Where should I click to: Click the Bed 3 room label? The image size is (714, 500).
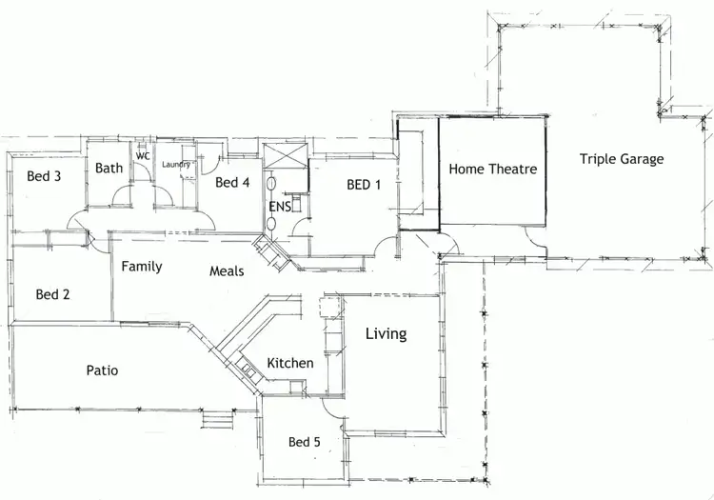tap(44, 176)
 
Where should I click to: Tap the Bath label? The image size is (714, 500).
tap(109, 169)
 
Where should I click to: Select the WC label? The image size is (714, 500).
tap(143, 155)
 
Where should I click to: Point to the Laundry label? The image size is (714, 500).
tap(176, 165)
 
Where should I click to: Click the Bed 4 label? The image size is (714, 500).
tap(232, 183)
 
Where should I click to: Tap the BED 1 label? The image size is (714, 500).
tap(364, 185)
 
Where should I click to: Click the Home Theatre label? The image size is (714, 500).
tap(492, 170)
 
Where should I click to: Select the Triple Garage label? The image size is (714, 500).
tap(622, 159)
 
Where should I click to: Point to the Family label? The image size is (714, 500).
tap(141, 267)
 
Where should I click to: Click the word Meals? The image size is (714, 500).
tap(227, 271)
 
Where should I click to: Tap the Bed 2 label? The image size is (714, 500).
tap(52, 295)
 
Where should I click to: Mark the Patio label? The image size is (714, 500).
tap(102, 370)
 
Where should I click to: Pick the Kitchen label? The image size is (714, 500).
tap(289, 363)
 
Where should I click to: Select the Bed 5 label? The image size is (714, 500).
tap(306, 442)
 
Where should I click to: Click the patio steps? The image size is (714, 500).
tap(216, 418)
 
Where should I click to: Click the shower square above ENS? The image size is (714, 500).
tap(286, 155)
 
